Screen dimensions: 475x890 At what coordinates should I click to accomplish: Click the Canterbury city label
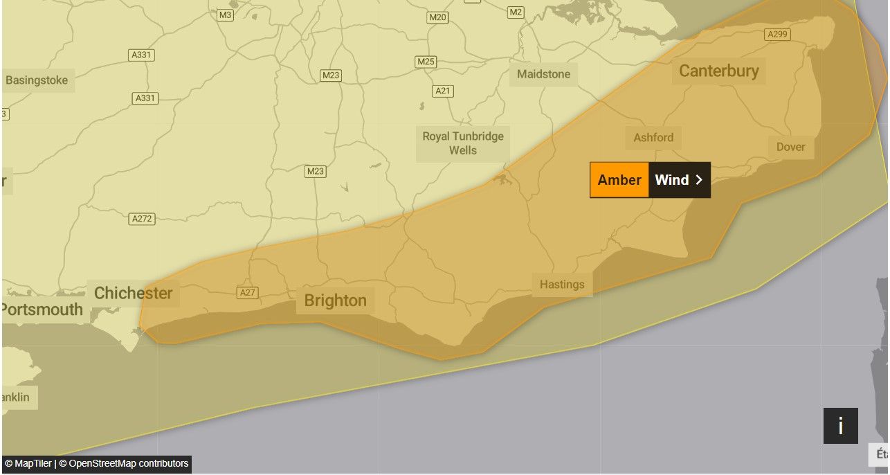pos(718,71)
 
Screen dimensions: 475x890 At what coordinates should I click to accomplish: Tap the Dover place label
pos(790,147)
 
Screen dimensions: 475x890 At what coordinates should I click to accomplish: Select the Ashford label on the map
pos(653,138)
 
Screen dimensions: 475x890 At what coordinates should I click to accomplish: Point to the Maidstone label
pos(543,74)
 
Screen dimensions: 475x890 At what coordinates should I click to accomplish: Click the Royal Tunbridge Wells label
pos(463,143)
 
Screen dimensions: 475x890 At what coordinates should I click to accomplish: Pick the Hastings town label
pos(561,285)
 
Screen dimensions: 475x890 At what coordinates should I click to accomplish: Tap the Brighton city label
pos(335,301)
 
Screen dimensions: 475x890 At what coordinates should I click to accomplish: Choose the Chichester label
pos(133,293)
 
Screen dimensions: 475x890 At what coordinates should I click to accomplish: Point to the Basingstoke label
pos(37,80)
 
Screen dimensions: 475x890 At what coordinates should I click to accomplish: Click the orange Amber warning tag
pos(619,180)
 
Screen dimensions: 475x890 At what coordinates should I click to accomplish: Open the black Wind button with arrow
pos(679,180)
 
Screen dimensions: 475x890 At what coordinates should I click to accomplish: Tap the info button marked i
pos(840,426)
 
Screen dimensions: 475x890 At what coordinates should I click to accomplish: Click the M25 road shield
pos(426,62)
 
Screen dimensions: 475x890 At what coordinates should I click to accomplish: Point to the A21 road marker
pos(443,91)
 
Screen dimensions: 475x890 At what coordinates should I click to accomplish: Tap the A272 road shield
pos(142,219)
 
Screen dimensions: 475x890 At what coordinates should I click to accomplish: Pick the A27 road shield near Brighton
pos(248,292)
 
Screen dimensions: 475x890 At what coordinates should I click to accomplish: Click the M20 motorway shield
pos(437,17)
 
